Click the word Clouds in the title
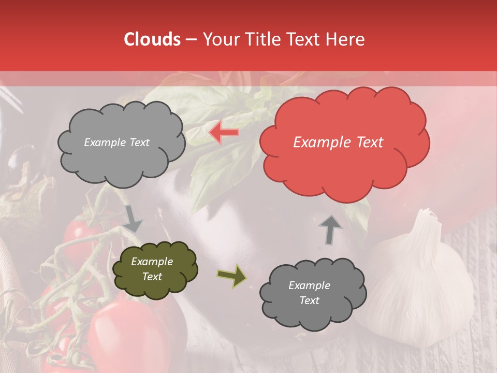(152, 39)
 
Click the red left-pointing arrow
(224, 133)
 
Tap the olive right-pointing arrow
(231, 276)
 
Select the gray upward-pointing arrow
(330, 229)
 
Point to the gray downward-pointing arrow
(133, 219)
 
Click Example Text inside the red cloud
(338, 142)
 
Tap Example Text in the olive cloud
(152, 269)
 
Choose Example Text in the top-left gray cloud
(116, 142)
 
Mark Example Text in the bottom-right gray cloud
(309, 293)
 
